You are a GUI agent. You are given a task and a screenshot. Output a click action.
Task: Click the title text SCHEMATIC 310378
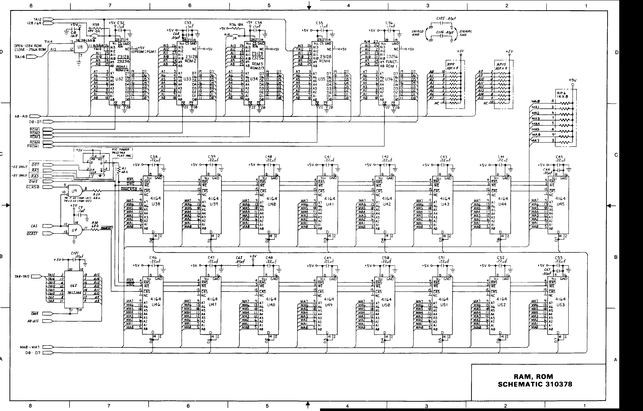pos(535,384)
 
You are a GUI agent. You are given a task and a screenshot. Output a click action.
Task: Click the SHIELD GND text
pos(417,33)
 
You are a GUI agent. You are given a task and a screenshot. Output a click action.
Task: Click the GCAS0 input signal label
pos(33,187)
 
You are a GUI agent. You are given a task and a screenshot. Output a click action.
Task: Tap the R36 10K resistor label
pos(236,24)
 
